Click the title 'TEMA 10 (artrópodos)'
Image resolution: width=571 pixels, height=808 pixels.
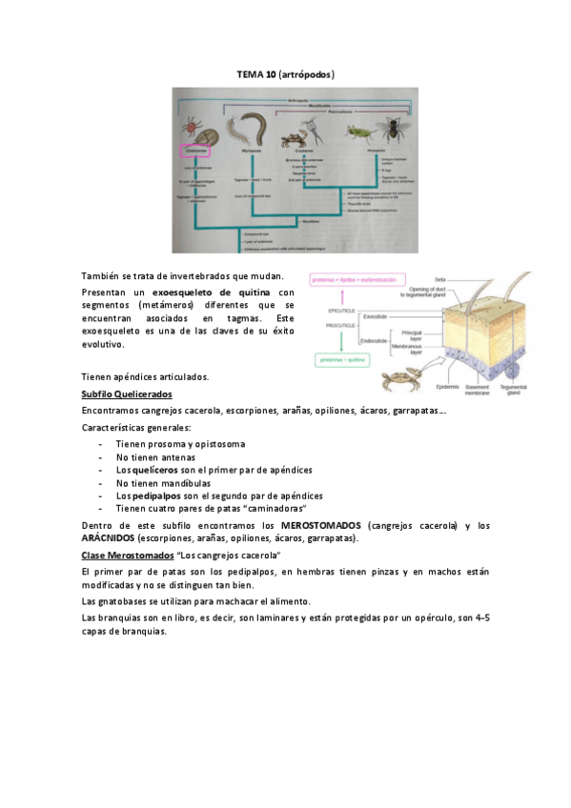pos(285,73)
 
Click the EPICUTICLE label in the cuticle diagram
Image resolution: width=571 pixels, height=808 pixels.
pos(340,313)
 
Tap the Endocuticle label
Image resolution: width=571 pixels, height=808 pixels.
pos(373,339)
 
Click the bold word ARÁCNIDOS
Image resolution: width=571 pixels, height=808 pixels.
pos(108,538)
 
